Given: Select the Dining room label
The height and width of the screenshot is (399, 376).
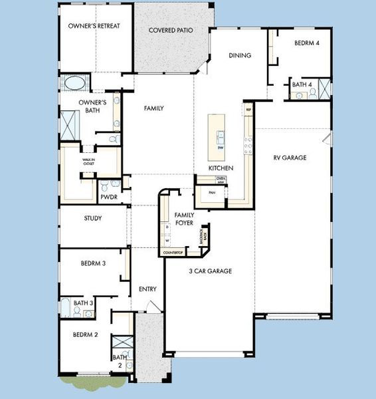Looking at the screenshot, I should point(239,55).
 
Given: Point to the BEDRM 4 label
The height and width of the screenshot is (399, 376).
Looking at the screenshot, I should point(308,43).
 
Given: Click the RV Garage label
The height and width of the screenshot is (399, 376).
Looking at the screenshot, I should point(290,158).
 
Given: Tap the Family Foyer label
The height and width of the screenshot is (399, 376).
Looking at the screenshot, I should point(184,219).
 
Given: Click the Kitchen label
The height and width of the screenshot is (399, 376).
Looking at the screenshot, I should point(221,168).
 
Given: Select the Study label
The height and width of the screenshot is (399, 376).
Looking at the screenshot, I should point(92,218).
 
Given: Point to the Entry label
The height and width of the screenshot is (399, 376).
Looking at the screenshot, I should point(147,289).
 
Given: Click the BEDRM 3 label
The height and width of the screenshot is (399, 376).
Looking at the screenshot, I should point(94,263).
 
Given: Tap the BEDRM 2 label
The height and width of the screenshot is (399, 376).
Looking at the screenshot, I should point(86,334).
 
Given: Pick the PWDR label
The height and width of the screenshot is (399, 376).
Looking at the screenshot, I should point(109,197).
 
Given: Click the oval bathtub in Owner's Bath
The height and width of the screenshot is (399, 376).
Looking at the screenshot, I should point(74,84).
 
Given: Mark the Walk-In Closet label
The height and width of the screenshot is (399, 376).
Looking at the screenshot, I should point(88,162).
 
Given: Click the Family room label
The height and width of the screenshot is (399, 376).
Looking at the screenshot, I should point(153,108).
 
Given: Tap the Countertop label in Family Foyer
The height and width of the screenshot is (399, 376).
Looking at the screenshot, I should point(172,253).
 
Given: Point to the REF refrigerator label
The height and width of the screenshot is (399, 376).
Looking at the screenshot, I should point(248,110).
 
